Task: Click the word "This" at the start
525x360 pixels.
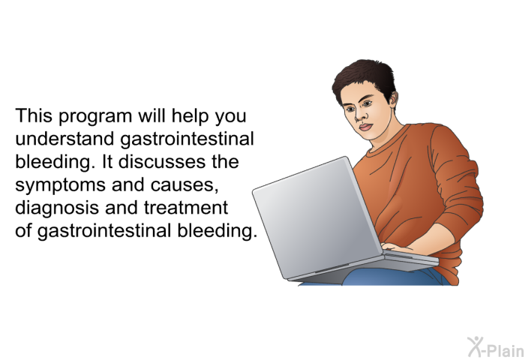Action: [34, 115]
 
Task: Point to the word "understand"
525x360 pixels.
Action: [64, 139]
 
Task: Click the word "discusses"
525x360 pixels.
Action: [162, 161]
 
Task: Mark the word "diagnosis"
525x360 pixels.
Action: [57, 209]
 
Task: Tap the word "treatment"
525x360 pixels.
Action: [186, 208]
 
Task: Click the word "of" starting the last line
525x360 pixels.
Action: [23, 230]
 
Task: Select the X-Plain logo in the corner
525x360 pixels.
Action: [496, 347]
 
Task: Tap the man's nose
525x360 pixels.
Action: [359, 115]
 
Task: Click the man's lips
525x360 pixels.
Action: [366, 127]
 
